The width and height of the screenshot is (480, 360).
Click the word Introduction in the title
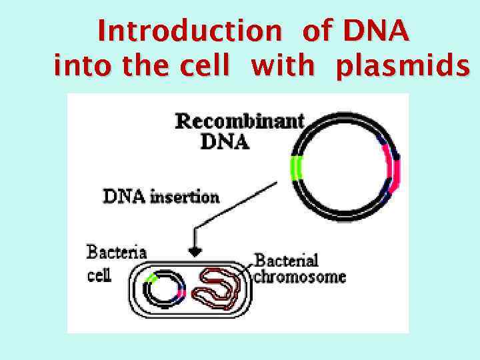[189, 31]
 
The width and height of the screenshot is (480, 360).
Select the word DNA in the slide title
[375, 31]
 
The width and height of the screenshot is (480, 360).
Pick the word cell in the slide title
[214, 67]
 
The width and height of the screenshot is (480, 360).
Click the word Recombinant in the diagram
[239, 121]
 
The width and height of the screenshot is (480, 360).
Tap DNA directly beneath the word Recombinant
[224, 142]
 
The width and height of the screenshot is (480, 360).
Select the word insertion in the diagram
[188, 197]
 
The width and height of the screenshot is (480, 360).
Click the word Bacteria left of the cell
[117, 253]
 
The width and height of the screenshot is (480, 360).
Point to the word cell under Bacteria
[99, 275]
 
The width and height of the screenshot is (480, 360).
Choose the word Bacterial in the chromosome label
[287, 260]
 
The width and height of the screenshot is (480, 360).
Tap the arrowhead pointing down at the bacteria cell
[195, 251]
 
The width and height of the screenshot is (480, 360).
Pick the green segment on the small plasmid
[152, 277]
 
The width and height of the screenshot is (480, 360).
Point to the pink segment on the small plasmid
[181, 291]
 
